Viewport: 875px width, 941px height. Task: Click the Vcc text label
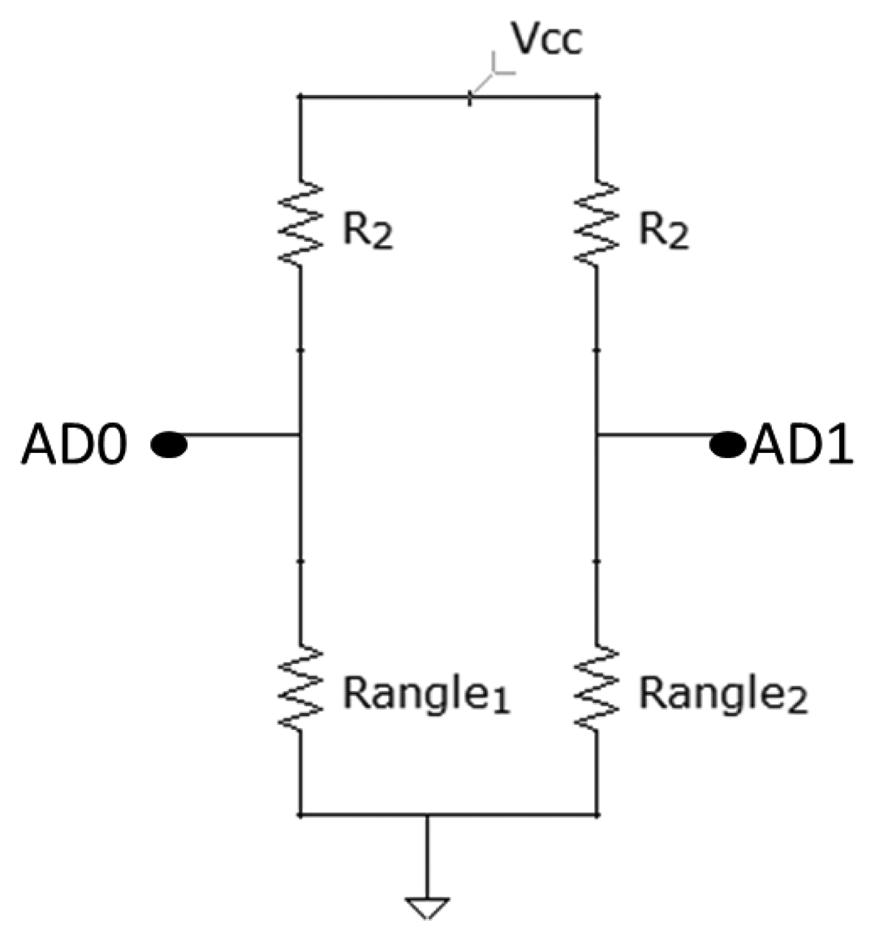[x=545, y=39]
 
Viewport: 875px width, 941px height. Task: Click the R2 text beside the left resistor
[x=367, y=232]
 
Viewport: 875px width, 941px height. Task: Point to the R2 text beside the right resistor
[x=663, y=232]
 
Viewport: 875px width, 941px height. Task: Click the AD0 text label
[x=74, y=446]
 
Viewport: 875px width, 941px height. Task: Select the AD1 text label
[x=800, y=446]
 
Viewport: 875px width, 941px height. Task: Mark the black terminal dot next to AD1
[x=726, y=445]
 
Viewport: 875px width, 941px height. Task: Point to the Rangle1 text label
[x=426, y=695]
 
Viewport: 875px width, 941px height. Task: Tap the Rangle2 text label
[x=723, y=695]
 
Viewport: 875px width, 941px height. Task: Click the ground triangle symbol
[x=428, y=908]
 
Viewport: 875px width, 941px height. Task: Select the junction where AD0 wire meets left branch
[x=301, y=435]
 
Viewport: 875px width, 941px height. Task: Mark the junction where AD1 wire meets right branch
[x=597, y=435]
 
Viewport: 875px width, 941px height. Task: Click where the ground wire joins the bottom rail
[x=428, y=814]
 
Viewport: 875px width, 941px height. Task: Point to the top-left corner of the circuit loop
[x=301, y=97]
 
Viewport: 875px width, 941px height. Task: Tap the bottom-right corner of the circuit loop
[x=597, y=814]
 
